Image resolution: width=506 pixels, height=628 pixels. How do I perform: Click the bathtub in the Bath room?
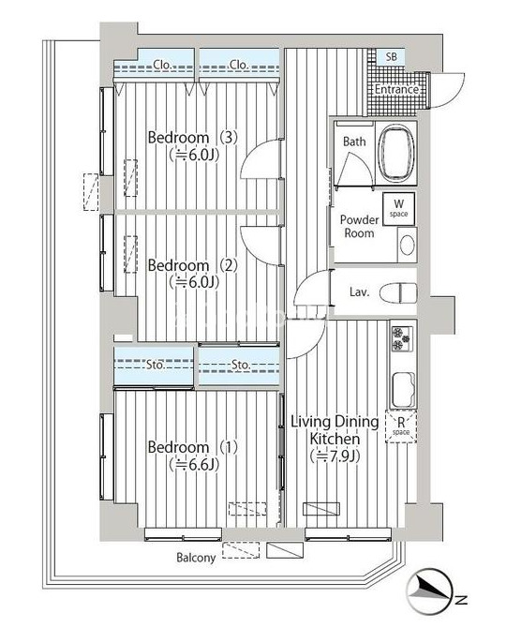[x=396, y=153]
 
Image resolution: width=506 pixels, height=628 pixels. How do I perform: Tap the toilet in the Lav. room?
[x=398, y=292]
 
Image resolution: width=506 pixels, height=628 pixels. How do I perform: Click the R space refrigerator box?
[x=401, y=426]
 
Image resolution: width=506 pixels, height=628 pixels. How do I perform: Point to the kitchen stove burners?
[x=402, y=339]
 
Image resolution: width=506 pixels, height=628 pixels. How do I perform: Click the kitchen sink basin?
[x=404, y=389]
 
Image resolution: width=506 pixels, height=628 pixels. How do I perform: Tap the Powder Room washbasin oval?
[x=407, y=245]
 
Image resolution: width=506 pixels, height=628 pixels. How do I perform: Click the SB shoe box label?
[x=392, y=57]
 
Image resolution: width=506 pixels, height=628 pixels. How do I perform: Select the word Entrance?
[x=396, y=89]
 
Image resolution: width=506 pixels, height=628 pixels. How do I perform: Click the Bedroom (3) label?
[x=192, y=138]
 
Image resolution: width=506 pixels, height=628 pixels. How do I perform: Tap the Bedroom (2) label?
[x=192, y=265]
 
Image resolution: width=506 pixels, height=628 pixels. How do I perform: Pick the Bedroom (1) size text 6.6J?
[x=194, y=464]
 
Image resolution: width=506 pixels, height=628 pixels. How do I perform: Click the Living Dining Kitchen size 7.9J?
[x=335, y=456]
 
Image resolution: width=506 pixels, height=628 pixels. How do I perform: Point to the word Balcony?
[x=196, y=557]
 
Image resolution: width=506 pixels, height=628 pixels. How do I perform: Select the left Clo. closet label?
[x=162, y=64]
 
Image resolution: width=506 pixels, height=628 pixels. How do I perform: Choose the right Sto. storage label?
[x=241, y=365]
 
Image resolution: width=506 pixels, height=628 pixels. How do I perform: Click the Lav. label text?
[x=359, y=292]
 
